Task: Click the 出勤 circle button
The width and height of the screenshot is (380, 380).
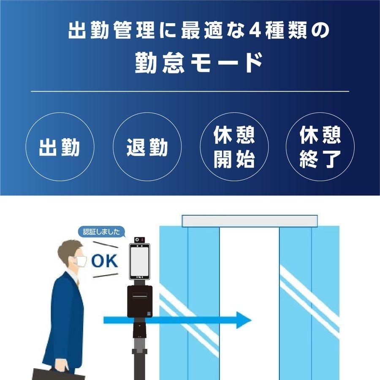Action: coord(59,147)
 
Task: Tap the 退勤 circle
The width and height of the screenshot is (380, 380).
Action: coord(147,147)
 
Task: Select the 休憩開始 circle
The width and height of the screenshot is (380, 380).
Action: coord(234,147)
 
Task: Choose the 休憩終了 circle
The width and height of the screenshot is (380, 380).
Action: coord(320,147)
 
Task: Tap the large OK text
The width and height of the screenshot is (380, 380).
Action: coord(105,261)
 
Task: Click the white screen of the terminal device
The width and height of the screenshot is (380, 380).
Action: coord(140,260)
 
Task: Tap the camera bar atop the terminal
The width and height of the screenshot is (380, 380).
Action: coord(140,241)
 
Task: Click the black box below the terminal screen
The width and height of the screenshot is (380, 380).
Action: coord(140,301)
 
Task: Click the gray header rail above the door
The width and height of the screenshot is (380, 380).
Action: coord(249,221)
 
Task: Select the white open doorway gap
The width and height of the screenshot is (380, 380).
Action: coord(249,296)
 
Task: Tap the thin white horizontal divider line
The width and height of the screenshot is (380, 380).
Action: coord(190,91)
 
